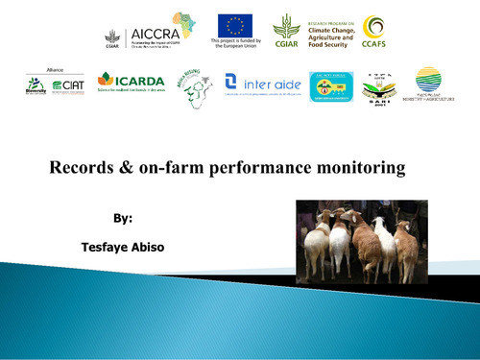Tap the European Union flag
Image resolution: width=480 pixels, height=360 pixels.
[x=234, y=26]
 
